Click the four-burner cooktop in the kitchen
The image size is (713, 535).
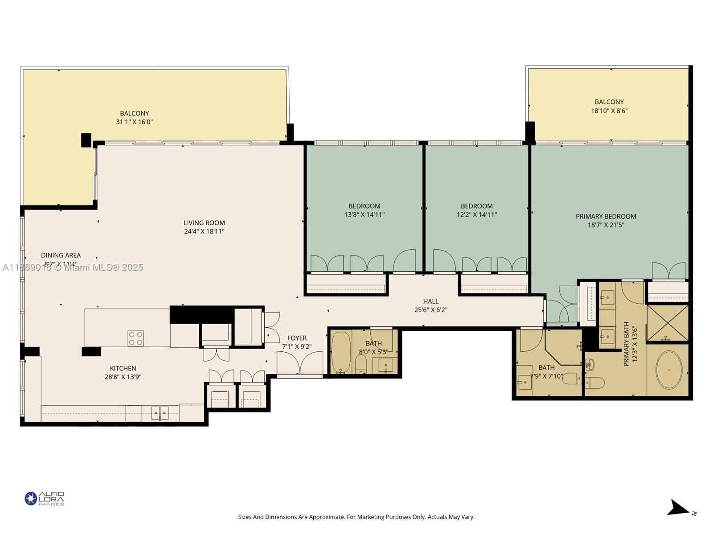135,338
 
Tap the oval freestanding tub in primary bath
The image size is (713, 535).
668,370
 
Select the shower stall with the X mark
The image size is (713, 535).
667,323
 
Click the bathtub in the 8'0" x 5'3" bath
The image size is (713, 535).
341,352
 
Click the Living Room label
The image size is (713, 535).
204,223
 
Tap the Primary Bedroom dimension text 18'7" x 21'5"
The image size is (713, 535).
606,225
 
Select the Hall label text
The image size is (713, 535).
430,301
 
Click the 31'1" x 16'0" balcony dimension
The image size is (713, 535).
134,122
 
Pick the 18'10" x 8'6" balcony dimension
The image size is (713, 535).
609,111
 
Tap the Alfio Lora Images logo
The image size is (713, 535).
45,498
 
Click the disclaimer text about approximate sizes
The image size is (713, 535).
356,517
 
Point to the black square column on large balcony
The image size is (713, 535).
86,140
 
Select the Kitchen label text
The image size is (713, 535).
123,368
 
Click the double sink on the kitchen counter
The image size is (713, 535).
160,413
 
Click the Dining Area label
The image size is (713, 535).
61,255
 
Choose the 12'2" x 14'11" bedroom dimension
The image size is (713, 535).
476,214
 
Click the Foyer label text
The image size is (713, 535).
297,338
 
